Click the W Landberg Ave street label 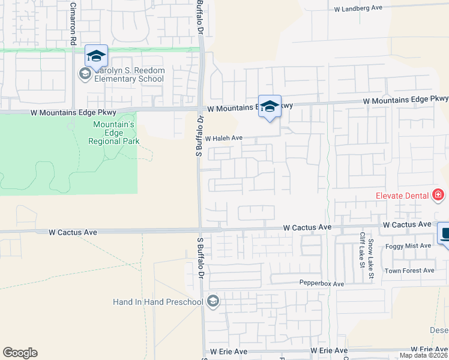(366, 9)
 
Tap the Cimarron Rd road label (73, 25)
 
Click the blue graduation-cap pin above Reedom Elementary (96, 56)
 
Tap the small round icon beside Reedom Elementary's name (85, 74)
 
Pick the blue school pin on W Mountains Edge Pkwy (270, 107)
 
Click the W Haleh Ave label (223, 138)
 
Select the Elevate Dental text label (402, 196)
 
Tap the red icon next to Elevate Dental (438, 195)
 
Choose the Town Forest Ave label (409, 271)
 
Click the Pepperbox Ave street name (322, 283)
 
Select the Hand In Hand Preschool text (158, 301)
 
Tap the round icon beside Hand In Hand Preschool (212, 301)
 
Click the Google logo (20, 353)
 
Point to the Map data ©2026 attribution (423, 355)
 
